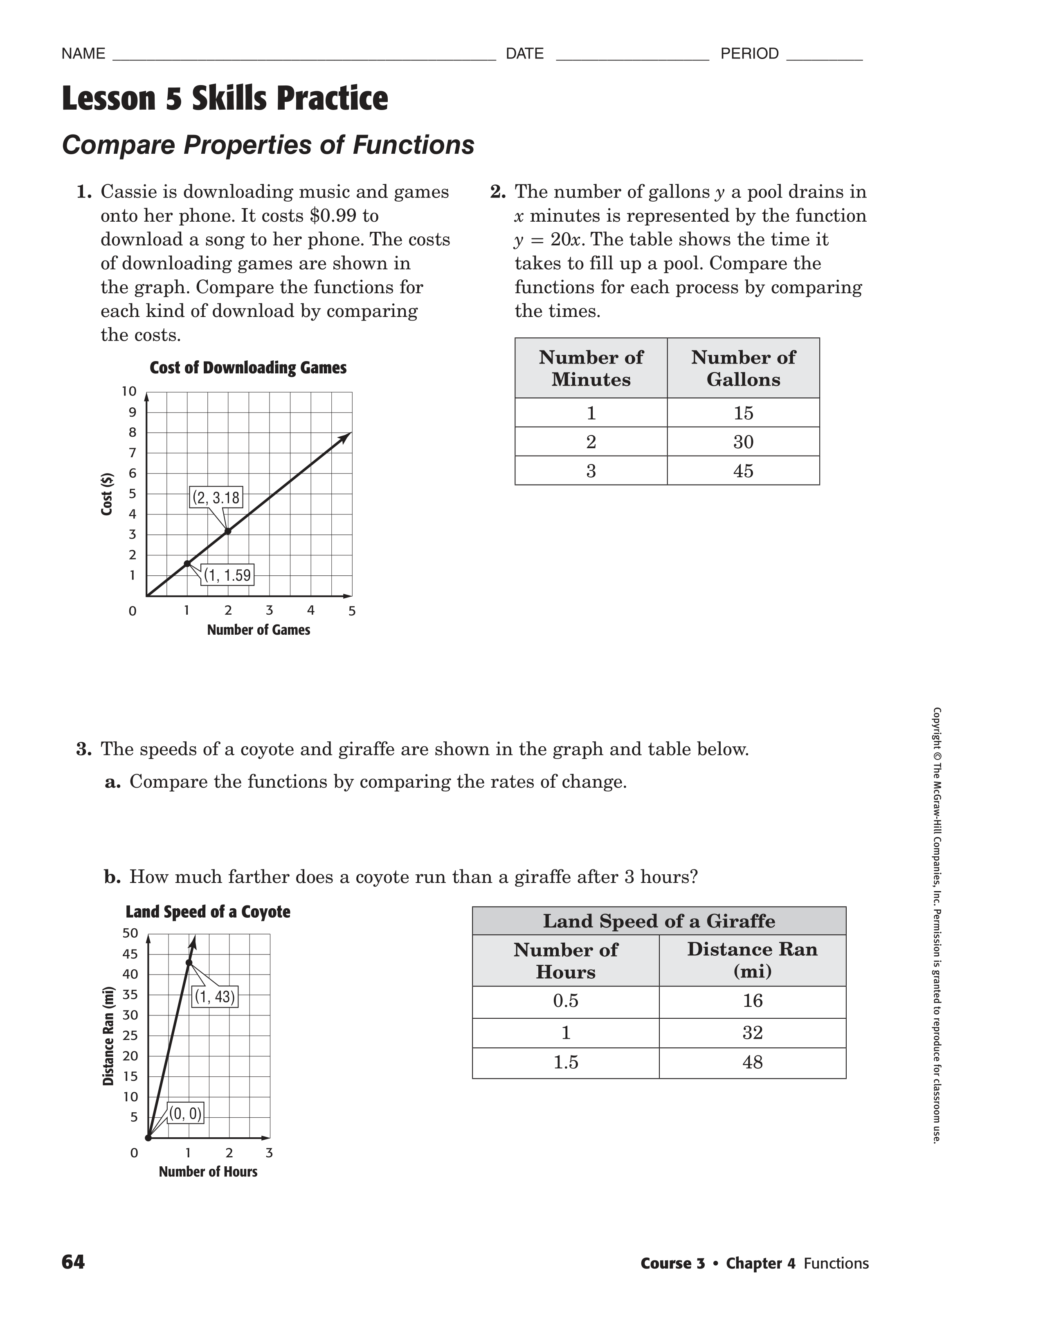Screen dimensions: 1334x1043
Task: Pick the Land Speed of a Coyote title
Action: (x=208, y=912)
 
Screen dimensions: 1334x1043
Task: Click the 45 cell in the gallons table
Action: (x=743, y=471)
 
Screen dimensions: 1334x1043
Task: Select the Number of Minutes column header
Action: (x=591, y=368)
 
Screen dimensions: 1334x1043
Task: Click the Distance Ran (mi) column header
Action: (x=752, y=960)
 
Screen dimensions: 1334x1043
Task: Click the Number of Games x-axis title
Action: (x=259, y=630)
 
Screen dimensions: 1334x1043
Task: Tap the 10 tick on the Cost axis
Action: (x=129, y=391)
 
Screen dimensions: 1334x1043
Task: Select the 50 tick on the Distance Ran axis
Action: (x=130, y=933)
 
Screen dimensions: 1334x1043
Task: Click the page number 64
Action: (x=73, y=1262)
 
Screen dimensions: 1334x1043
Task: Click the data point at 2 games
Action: (x=228, y=531)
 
